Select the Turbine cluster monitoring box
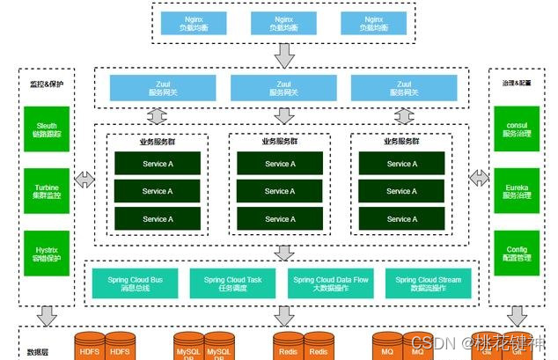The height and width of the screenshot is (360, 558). pos(47,191)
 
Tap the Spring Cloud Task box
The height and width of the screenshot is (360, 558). pos(232,283)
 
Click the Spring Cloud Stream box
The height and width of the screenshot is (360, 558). pos(428,283)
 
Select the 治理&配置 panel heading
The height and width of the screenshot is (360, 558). pos(510,82)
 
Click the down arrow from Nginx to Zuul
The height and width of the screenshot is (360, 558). pos(283,57)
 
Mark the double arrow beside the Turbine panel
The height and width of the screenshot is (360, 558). pos(85,180)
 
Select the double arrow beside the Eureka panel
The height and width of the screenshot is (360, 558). pos(479,179)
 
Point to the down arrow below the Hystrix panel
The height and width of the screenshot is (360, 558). pos(47,314)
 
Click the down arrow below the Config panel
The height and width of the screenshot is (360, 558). pos(516,314)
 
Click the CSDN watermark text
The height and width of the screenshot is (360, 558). pos(462,341)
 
